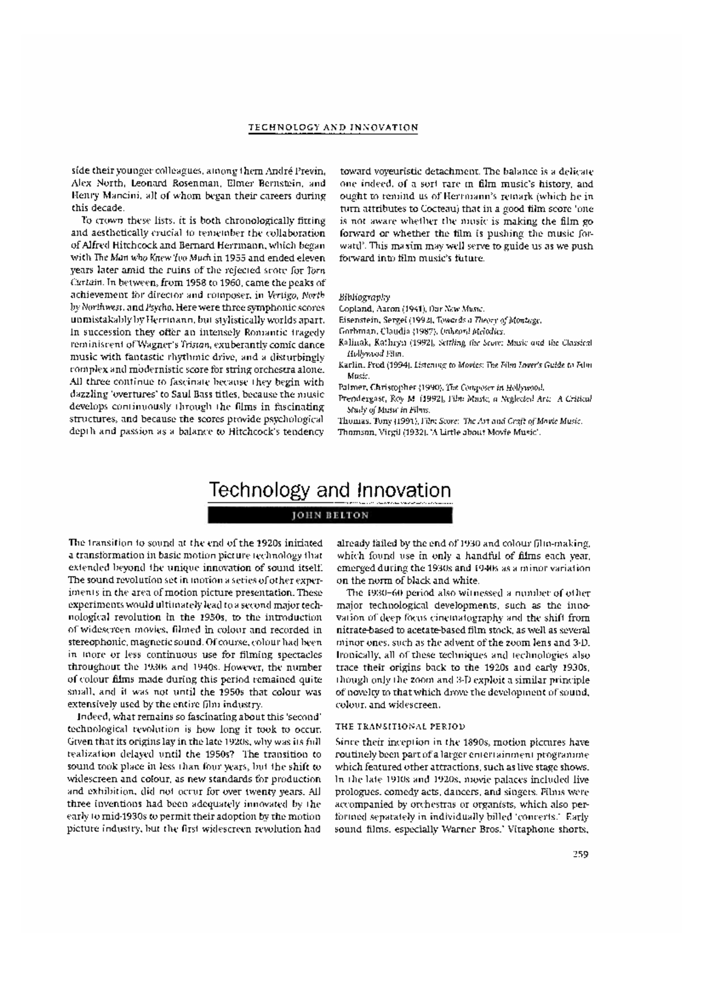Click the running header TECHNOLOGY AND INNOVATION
click(x=333, y=127)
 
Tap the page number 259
click(x=580, y=854)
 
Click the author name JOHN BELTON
click(x=331, y=516)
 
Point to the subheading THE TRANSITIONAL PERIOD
click(x=400, y=727)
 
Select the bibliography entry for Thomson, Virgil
click(x=439, y=432)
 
